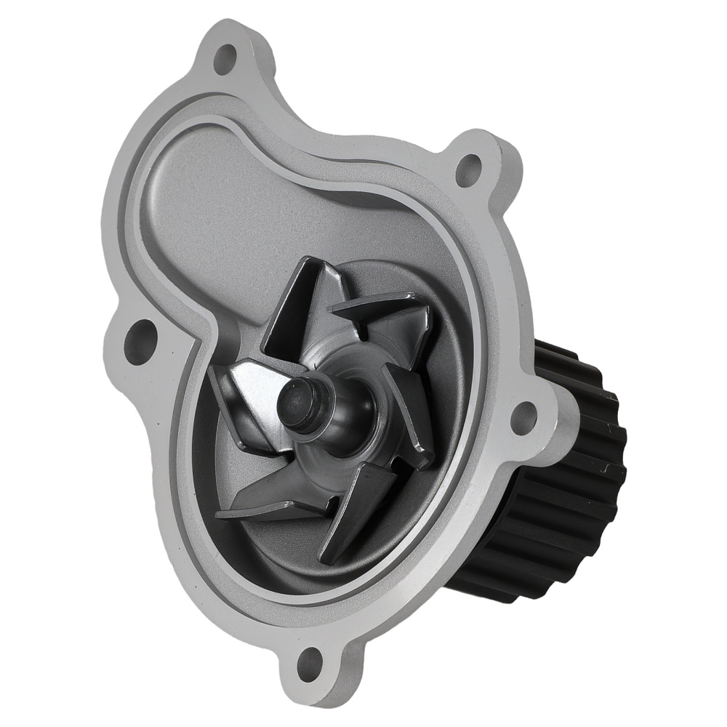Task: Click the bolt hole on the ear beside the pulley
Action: (x=524, y=417)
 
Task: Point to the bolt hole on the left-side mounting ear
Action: (x=140, y=335)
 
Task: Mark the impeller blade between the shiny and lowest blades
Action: (x=269, y=494)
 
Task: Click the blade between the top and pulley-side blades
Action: (x=385, y=320)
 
